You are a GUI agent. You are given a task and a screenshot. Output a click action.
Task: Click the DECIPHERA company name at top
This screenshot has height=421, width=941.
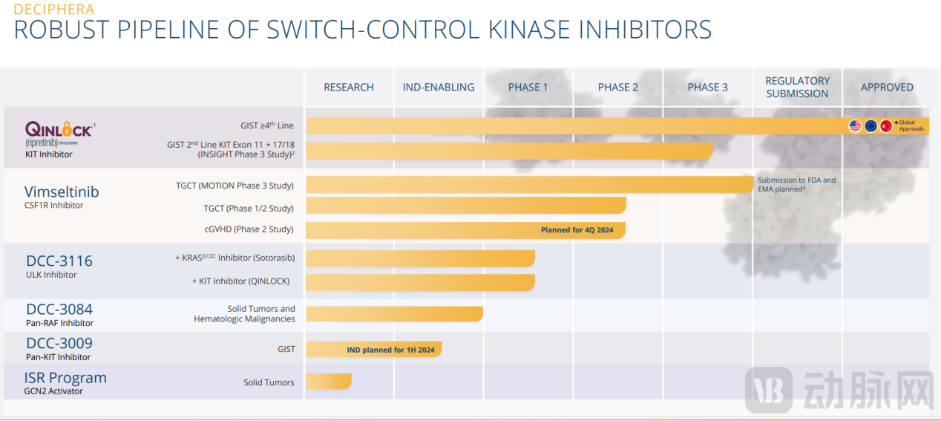click(x=54, y=10)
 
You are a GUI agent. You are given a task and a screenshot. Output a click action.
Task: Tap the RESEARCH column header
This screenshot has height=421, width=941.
click(x=349, y=87)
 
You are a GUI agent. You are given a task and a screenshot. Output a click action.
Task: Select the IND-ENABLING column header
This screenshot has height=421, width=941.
click(x=439, y=87)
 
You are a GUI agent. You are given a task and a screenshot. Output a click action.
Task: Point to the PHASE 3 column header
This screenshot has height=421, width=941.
click(x=708, y=87)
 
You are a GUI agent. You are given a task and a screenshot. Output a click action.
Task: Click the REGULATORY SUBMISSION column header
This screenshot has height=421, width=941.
click(x=798, y=87)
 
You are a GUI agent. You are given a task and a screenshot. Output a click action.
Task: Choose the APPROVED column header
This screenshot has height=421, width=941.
click(x=887, y=87)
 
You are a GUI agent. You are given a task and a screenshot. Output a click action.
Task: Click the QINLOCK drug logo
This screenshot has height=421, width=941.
click(x=59, y=130)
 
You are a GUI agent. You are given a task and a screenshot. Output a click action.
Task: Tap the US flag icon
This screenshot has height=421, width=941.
click(x=856, y=126)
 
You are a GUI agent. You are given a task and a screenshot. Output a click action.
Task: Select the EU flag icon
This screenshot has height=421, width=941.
click(x=871, y=126)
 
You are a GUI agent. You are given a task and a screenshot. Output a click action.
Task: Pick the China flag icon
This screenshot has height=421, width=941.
click(x=886, y=126)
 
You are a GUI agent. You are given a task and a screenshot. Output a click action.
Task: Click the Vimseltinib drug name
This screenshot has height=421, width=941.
click(x=62, y=192)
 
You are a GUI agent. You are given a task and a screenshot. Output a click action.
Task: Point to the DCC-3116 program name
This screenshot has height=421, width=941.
click(x=59, y=261)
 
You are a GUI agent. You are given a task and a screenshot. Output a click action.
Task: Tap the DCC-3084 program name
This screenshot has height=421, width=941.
click(x=59, y=309)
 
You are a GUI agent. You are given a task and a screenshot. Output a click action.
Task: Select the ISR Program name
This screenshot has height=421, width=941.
click(x=65, y=377)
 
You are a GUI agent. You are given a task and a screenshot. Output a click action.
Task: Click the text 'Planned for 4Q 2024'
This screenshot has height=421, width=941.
click(x=577, y=230)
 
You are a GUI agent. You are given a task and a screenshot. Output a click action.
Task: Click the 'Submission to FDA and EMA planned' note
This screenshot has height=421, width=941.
click(x=796, y=185)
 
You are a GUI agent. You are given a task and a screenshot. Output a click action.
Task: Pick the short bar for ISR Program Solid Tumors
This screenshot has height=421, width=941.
click(x=328, y=381)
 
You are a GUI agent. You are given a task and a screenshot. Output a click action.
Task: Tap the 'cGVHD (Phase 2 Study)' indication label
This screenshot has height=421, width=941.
click(x=249, y=229)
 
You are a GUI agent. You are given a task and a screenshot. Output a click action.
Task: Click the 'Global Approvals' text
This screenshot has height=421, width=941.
click(x=911, y=125)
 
